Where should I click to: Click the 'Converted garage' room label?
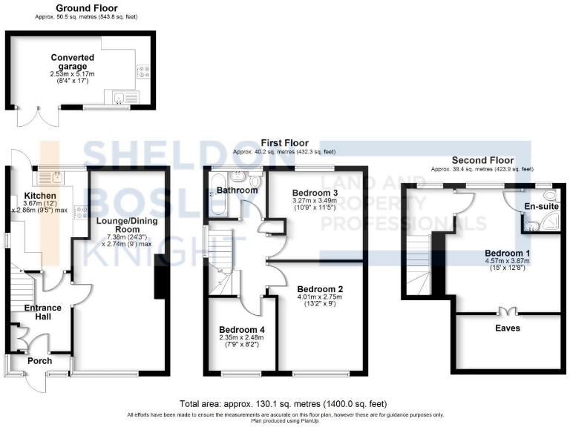click(72, 62)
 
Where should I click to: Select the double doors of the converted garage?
click(30, 117)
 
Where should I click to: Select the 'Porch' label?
click(40, 361)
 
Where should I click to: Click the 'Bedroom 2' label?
click(319, 289)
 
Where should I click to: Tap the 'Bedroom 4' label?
click(241, 330)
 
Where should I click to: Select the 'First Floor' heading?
click(284, 143)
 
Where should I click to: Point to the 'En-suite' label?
click(541, 206)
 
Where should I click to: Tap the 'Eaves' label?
click(508, 327)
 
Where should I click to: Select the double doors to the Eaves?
click(508, 312)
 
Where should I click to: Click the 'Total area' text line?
click(284, 404)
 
